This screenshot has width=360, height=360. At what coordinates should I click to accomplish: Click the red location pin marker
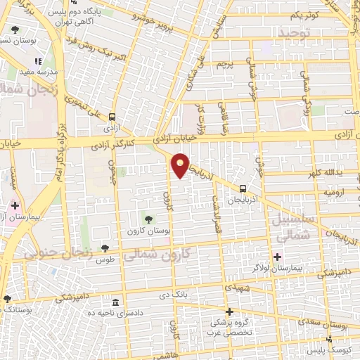tap(181, 166)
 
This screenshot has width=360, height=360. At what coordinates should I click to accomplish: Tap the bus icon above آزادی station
tap(112, 118)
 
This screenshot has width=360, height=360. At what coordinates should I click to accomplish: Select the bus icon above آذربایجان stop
tap(243, 188)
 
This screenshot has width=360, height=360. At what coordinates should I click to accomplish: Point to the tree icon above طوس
tap(105, 247)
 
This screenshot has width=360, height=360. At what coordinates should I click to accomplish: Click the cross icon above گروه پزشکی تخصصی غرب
tap(229, 311)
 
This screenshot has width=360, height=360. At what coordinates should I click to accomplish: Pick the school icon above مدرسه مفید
tap(38, 62)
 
